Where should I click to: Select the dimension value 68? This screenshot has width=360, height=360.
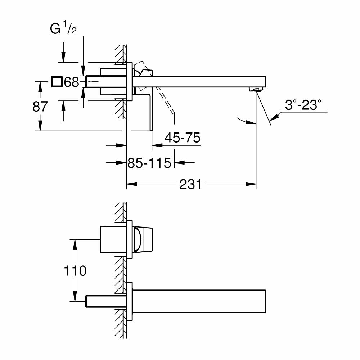click(x=71, y=82)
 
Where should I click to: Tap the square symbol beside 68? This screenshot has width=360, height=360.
click(x=56, y=82)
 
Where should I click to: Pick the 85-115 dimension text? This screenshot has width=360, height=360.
click(x=149, y=163)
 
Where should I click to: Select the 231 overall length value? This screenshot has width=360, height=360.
click(x=191, y=184)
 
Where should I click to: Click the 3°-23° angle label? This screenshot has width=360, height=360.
click(x=302, y=105)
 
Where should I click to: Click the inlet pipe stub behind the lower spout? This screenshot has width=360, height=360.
click(x=104, y=301)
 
